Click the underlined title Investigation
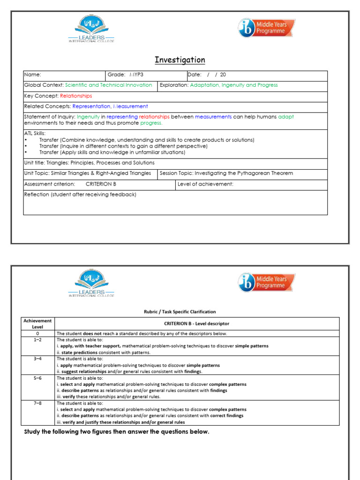tap(180, 60)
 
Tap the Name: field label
tap(33, 75)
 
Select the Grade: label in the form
tap(116, 75)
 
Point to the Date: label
tap(195, 75)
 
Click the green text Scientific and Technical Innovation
tap(108, 85)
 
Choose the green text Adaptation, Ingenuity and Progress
tap(233, 85)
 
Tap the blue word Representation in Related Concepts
tap(91, 106)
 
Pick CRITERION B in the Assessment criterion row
tap(101, 184)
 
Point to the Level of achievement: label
tap(205, 184)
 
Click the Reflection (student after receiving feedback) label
tap(80, 195)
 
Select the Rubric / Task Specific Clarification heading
tap(180, 312)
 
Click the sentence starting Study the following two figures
tap(116, 432)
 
